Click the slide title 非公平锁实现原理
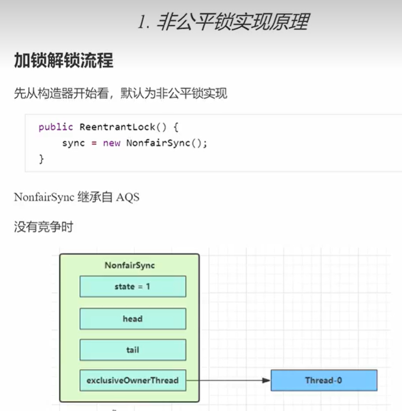tap(223, 22)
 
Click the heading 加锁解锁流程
tap(63, 60)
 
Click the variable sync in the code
tap(73, 143)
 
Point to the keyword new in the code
tap(112, 143)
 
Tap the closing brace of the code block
tap(41, 159)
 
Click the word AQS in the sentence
tap(128, 197)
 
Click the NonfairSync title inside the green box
tap(130, 265)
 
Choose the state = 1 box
tap(132, 287)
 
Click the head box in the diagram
tap(132, 319)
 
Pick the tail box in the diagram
tap(132, 350)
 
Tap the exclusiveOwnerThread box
tap(132, 380)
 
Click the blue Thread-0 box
tap(324, 380)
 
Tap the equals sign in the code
tap(94, 143)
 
